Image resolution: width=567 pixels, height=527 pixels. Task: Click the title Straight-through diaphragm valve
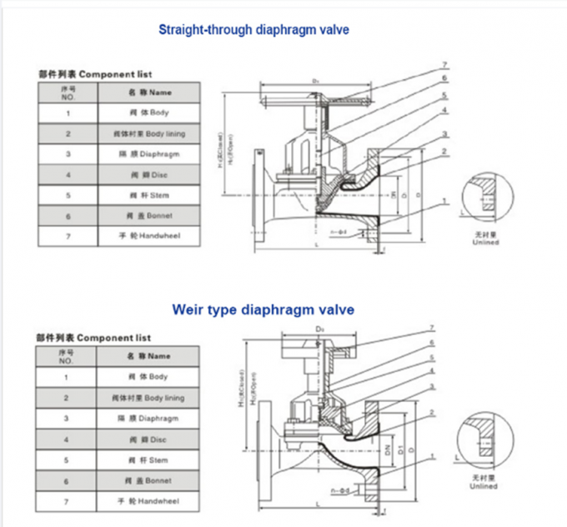click(253, 30)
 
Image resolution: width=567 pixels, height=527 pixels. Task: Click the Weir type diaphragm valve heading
click(263, 309)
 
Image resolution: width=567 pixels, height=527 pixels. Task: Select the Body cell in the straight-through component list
click(149, 113)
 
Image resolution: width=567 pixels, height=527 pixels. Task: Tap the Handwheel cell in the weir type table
click(148, 502)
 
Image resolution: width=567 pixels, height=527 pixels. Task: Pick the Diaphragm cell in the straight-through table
click(149, 154)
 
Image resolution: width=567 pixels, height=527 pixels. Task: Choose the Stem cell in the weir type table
click(148, 460)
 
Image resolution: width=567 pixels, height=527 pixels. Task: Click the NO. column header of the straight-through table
click(68, 93)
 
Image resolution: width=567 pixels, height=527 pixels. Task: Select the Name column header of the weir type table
click(148, 356)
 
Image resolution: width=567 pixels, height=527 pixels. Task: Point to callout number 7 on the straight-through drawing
click(445, 64)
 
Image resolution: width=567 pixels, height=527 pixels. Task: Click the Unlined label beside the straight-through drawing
click(486, 243)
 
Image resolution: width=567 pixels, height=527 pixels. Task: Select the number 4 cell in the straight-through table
click(68, 175)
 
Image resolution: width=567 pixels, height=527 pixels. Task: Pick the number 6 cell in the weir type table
click(66, 481)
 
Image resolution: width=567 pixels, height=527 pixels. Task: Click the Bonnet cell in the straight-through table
click(149, 216)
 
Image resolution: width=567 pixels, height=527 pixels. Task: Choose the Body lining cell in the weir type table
click(148, 398)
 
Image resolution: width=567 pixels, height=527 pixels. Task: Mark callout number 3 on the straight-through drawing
click(445, 133)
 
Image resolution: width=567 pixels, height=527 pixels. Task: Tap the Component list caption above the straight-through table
click(95, 74)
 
